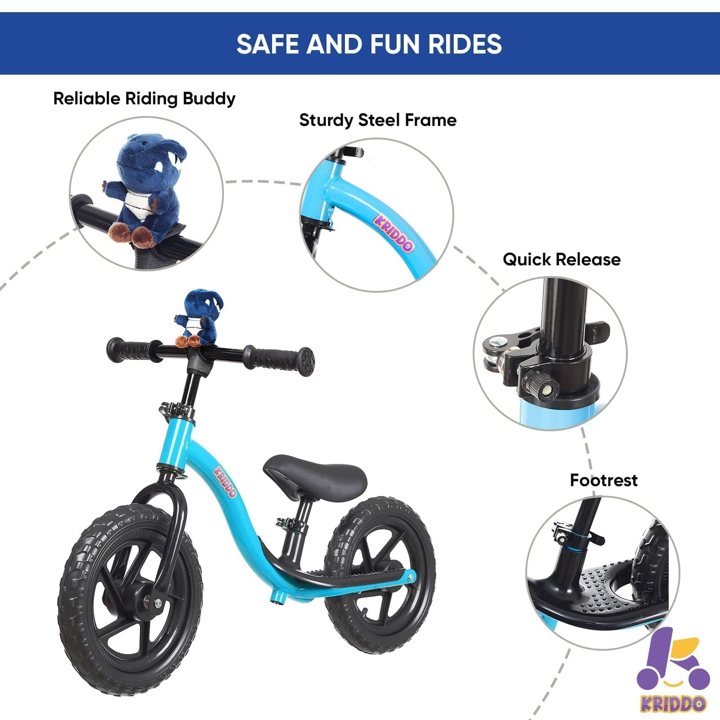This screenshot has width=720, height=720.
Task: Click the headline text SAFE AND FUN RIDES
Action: pos(369,44)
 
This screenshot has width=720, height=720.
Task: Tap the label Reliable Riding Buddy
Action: pos(144,98)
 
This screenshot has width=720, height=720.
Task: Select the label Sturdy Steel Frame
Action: pos(378,120)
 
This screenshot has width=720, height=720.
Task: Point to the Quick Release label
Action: pos(561,259)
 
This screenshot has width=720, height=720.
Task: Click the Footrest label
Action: pos(604,480)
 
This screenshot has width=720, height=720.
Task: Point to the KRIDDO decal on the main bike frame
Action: pos(224,482)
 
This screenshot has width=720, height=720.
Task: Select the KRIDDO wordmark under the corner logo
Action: pos(673,703)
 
